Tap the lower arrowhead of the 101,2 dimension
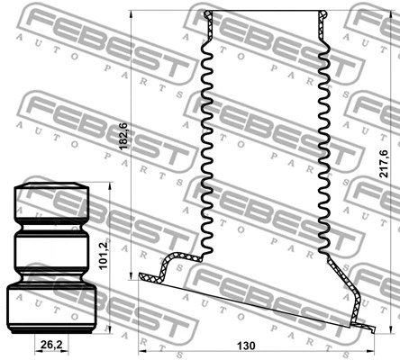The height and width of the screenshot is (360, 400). coord(112,330)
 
